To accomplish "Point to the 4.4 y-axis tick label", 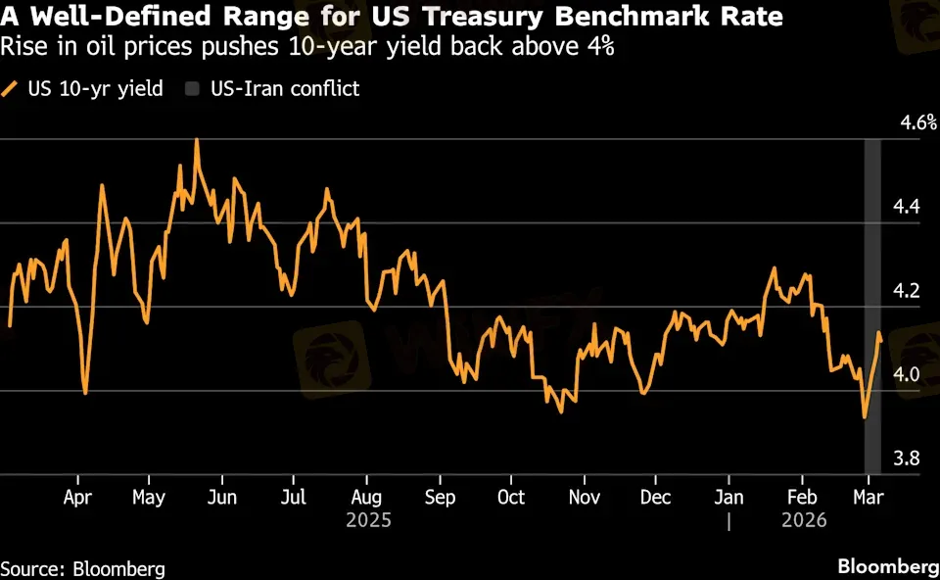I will click(908, 207).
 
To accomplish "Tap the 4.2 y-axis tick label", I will click(908, 291).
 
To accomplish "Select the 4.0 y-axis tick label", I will click(908, 375).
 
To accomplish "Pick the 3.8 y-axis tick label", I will click(908, 459).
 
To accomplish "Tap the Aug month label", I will click(366, 497).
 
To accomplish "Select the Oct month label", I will click(510, 497).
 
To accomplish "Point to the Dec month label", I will click(655, 497).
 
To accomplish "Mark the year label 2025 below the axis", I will click(368, 520).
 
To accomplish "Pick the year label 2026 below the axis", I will click(804, 520).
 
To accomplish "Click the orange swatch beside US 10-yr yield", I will click(10, 89).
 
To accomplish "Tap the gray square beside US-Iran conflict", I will click(191, 89).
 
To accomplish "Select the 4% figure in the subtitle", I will click(597, 47).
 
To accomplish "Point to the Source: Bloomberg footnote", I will click(82, 568).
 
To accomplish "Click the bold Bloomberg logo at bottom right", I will click(887, 566).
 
